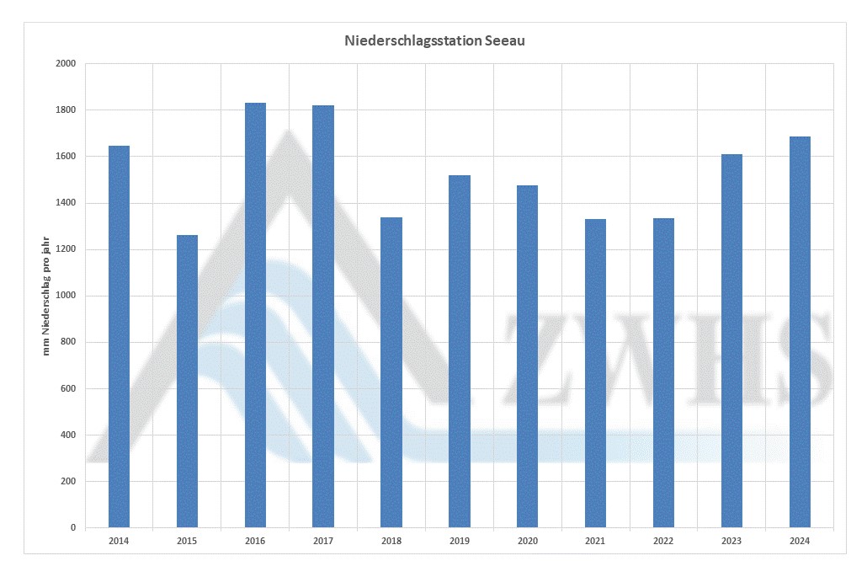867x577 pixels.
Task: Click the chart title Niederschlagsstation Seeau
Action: [434, 40]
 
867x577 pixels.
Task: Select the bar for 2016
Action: [255, 315]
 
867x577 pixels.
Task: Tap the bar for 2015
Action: [187, 381]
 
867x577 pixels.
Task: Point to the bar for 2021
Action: [595, 373]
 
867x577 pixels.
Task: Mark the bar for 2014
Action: [119, 337]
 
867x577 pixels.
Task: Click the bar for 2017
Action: [323, 317]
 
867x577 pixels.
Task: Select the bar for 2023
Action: [731, 341]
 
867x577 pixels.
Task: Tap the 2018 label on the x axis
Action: [391, 541]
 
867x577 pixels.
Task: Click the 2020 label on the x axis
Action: [527, 541]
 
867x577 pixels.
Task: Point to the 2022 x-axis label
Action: [663, 541]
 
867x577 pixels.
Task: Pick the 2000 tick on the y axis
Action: [66, 64]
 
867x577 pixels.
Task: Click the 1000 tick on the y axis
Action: [66, 296]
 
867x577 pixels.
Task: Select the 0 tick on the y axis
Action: [72, 528]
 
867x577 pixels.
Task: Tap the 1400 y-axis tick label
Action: [66, 203]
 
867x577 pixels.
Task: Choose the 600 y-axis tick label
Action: [67, 389]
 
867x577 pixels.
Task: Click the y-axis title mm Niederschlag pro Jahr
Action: [46, 296]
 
